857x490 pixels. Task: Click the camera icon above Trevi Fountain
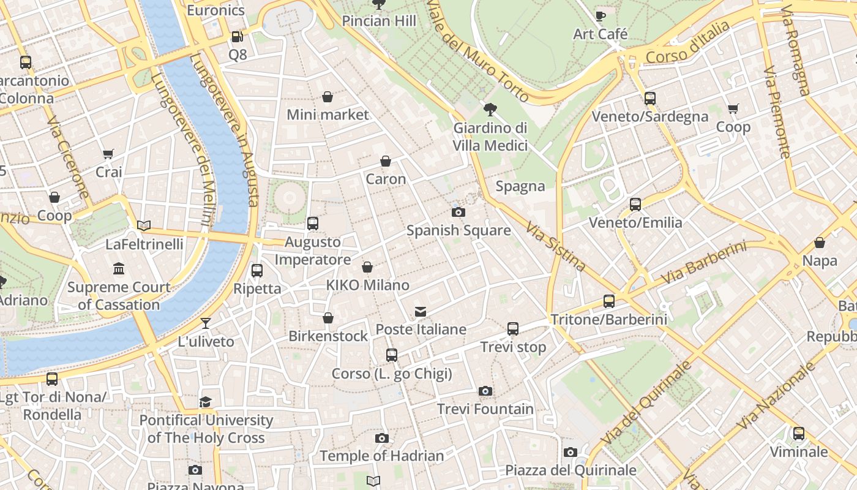pos(485,391)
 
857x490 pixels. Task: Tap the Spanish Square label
pos(458,230)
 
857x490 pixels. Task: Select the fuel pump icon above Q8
pos(237,37)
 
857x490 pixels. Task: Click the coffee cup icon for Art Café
pos(600,16)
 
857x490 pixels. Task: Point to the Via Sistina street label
pos(556,246)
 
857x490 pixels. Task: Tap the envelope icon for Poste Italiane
pos(421,312)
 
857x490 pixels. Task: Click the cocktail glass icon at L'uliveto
pos(206,323)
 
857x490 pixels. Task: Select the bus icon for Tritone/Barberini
pos(608,301)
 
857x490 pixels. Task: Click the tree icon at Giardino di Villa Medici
pos(490,110)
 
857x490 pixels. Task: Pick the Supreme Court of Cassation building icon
pos(119,268)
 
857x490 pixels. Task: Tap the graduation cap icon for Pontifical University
pos(206,402)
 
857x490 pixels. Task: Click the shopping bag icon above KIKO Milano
pos(367,267)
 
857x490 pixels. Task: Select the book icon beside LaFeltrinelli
pos(144,226)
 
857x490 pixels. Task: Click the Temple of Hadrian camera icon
pos(382,438)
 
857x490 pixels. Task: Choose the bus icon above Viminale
pos(799,434)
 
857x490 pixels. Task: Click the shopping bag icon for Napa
pos(820,243)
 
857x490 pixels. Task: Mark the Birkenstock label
pos(328,336)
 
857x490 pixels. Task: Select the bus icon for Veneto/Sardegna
pos(650,98)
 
